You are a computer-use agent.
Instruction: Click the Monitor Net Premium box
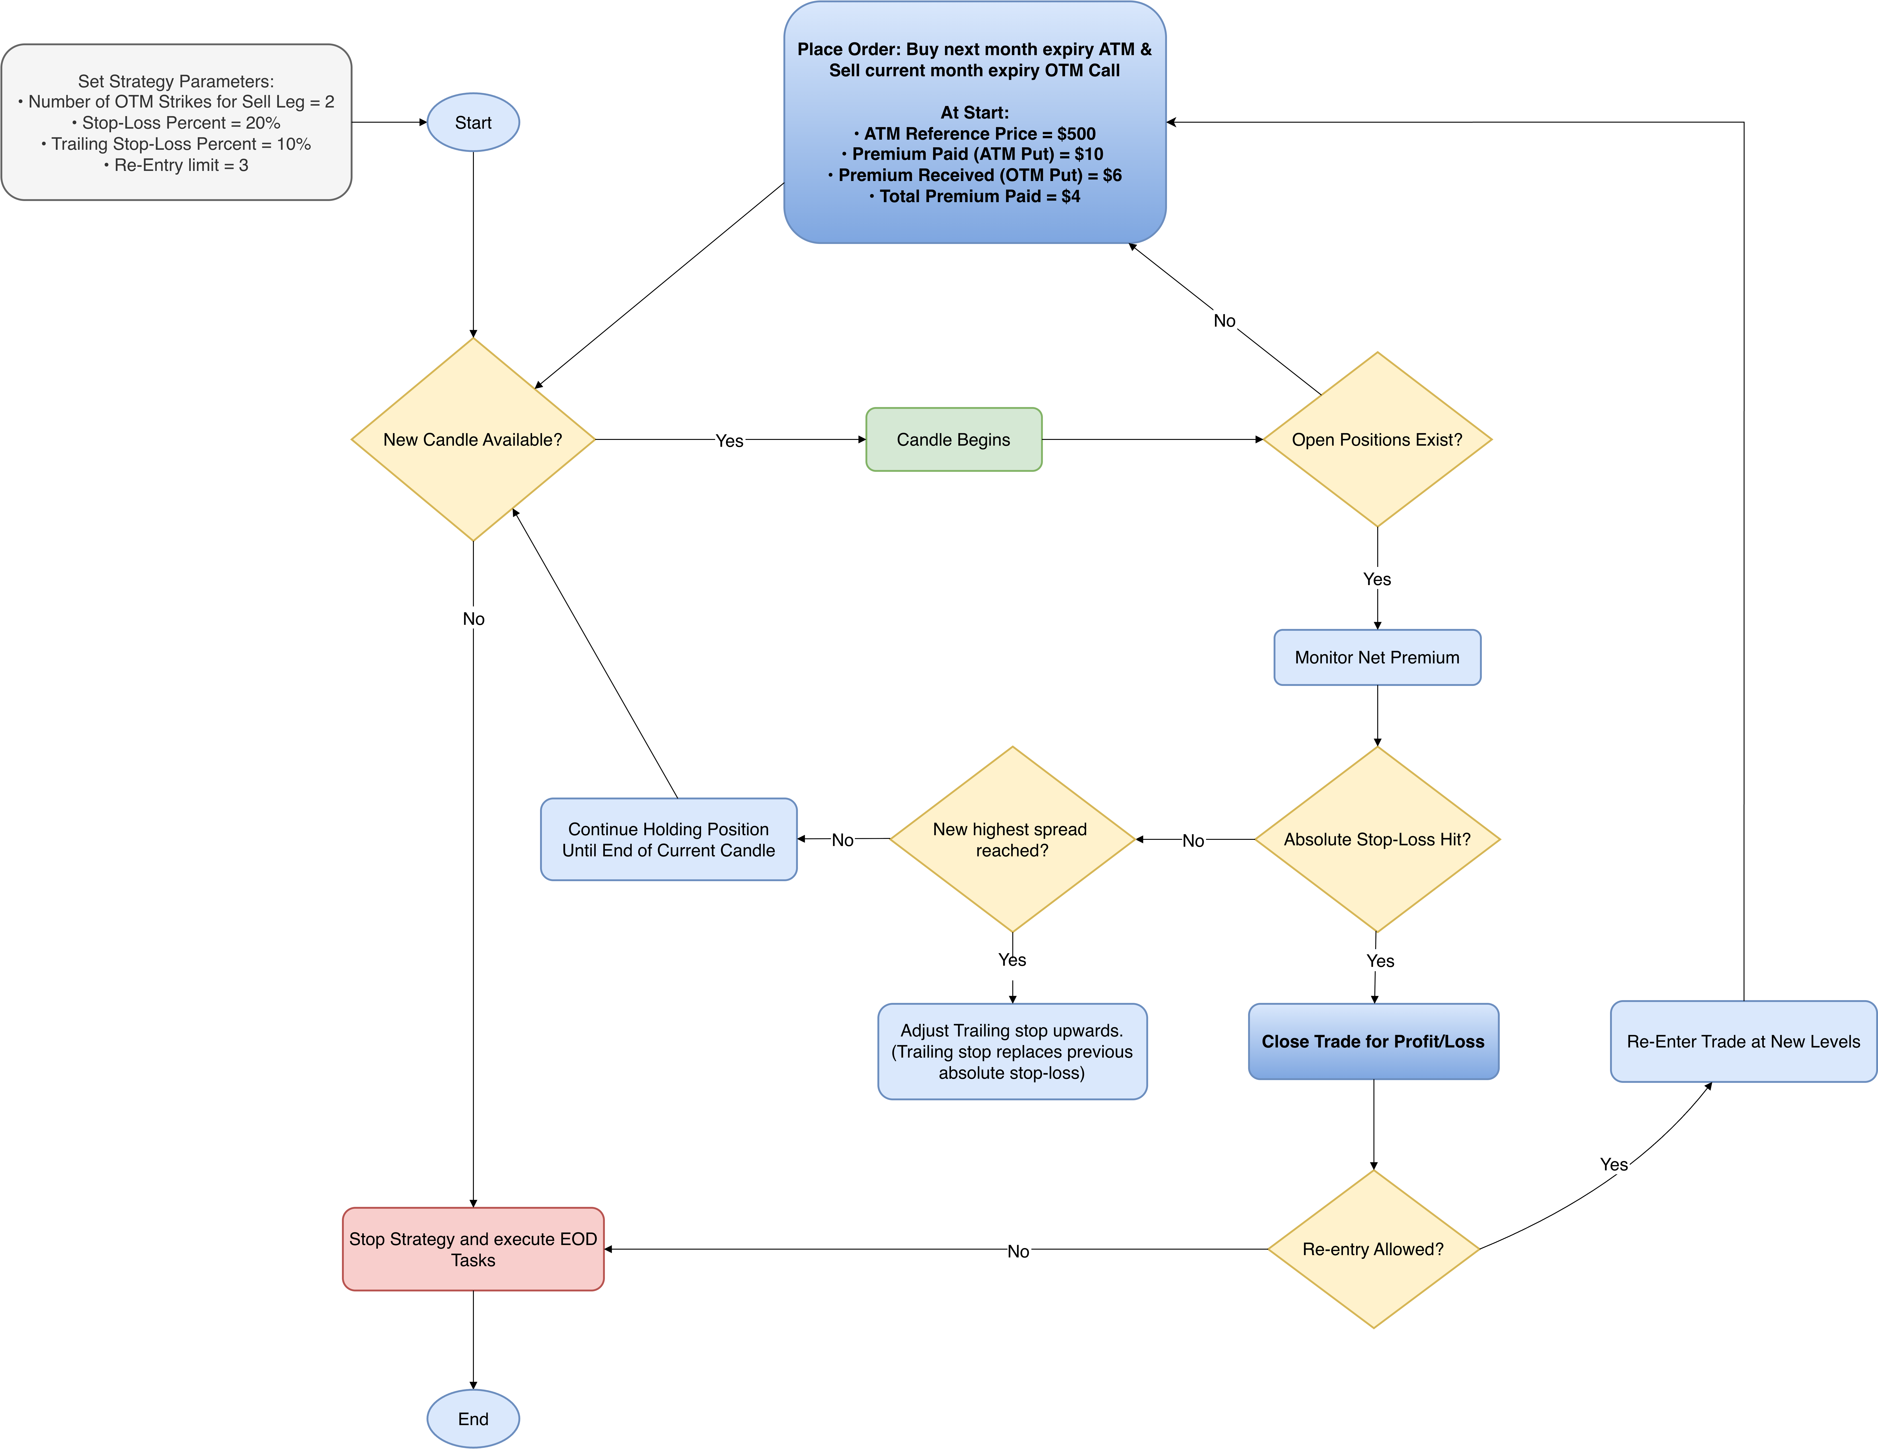(x=1377, y=657)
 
